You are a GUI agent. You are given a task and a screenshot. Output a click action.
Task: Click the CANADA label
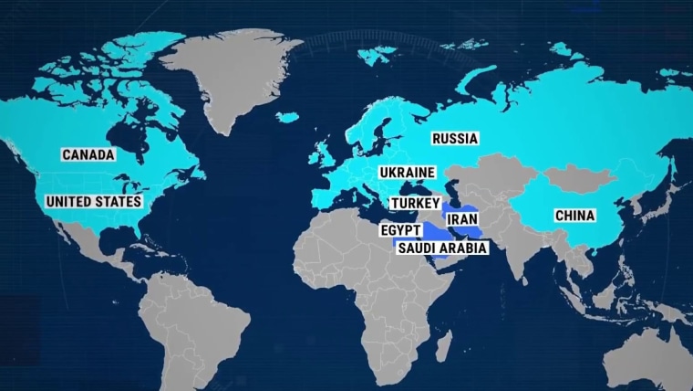88,155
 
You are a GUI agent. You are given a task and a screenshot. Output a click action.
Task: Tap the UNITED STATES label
93,201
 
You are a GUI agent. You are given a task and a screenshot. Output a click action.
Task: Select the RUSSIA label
455,139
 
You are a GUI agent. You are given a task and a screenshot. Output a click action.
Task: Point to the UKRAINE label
408,172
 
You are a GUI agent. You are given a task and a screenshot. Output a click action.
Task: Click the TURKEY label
415,203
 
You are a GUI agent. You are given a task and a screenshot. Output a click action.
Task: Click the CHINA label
574,217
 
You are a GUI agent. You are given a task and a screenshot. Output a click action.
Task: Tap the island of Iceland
287,118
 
